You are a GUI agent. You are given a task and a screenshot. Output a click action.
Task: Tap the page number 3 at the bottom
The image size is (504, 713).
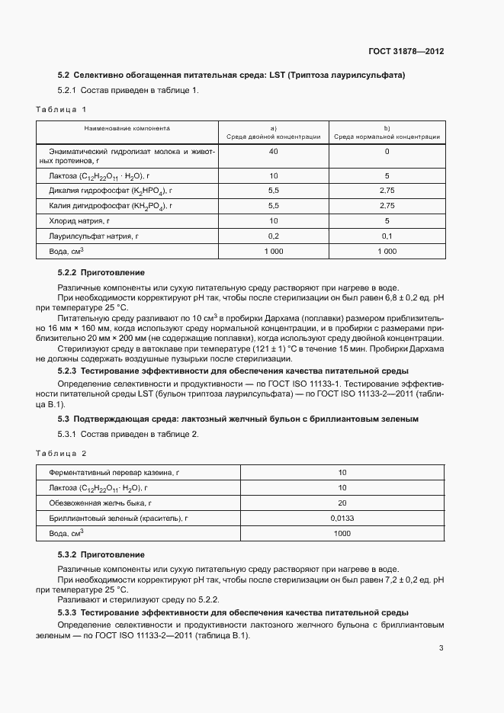[x=441, y=648]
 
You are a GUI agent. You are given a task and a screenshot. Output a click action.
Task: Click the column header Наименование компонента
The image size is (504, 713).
[x=127, y=129]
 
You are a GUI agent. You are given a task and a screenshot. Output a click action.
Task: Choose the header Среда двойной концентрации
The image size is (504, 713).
[x=274, y=136]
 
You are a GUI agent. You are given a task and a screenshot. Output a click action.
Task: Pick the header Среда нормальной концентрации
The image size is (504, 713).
[x=387, y=136]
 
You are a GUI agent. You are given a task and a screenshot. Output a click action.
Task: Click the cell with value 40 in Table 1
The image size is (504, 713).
[x=274, y=152]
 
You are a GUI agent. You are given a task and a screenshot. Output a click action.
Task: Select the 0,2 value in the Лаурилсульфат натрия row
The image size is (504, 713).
[x=274, y=236]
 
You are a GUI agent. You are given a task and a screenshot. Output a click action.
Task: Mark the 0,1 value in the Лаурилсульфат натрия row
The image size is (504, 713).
[x=387, y=236]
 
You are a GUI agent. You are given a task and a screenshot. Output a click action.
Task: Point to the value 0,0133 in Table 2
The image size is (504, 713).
[x=342, y=519]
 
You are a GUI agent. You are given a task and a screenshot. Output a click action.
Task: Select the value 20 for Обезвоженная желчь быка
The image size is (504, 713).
[x=342, y=503]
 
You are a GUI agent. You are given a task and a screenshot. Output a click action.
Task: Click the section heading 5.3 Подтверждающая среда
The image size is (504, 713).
[x=238, y=419]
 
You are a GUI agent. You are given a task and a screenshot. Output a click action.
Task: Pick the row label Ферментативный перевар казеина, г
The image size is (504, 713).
[x=108, y=473]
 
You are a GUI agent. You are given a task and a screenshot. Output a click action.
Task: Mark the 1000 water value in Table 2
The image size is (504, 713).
[x=342, y=534]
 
